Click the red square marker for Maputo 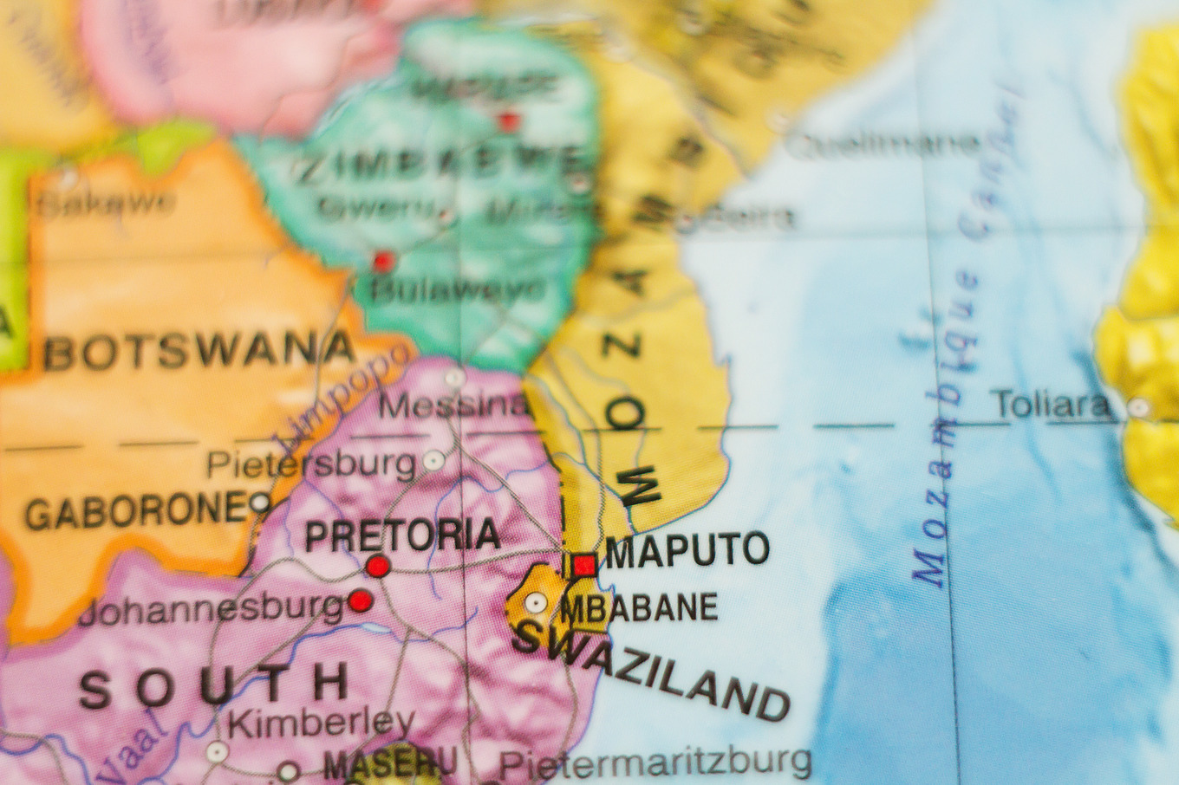click(x=584, y=566)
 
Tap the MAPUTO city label click(x=687, y=550)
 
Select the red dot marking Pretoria click(x=378, y=567)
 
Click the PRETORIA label click(x=402, y=535)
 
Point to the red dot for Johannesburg click(x=361, y=600)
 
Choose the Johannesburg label click(x=211, y=609)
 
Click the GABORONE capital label click(x=136, y=511)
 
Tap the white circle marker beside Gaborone click(x=260, y=502)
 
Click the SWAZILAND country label click(x=650, y=672)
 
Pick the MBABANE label click(x=639, y=608)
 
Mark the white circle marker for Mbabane click(x=536, y=602)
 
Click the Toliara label click(x=1052, y=405)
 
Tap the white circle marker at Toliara click(x=1138, y=407)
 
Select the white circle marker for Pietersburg click(x=433, y=460)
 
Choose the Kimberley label click(x=321, y=722)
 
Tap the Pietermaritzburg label click(x=655, y=763)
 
